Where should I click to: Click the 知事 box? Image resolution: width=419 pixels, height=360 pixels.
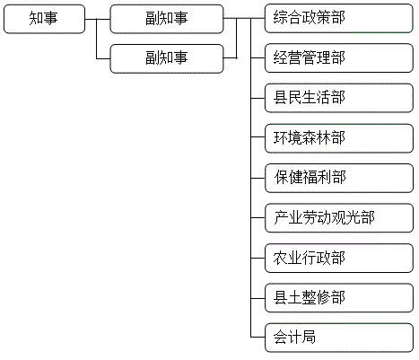44,19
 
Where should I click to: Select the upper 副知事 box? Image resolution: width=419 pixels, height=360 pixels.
167,19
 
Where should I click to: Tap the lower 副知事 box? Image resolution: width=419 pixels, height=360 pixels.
167,58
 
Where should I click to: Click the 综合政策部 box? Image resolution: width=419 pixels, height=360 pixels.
339,18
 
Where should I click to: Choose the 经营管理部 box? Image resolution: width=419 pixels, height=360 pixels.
339,58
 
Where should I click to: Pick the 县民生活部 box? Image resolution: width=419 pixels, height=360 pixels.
339,98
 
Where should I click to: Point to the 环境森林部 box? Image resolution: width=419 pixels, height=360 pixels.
339,138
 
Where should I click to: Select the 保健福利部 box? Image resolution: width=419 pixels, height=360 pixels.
339,178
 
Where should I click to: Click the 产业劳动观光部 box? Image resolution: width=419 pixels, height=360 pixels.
339,218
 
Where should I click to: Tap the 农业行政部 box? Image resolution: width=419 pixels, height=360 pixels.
339,258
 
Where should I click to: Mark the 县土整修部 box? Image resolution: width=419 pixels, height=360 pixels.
339,298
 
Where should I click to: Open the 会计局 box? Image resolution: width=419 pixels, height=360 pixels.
339,338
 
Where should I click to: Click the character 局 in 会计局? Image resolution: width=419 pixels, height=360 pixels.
309,337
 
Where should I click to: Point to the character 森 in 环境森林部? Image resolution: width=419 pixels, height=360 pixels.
310,137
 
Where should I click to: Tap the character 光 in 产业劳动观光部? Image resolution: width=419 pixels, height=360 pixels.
353,217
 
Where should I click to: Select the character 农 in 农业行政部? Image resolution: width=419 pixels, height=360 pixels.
280,258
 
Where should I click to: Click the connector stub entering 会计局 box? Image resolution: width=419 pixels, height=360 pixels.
258,338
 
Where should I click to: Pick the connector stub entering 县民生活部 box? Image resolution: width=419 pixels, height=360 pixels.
258,98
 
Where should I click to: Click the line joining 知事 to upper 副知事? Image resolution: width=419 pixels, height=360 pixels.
98,19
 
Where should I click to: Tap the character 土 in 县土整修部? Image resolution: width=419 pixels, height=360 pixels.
294,297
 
